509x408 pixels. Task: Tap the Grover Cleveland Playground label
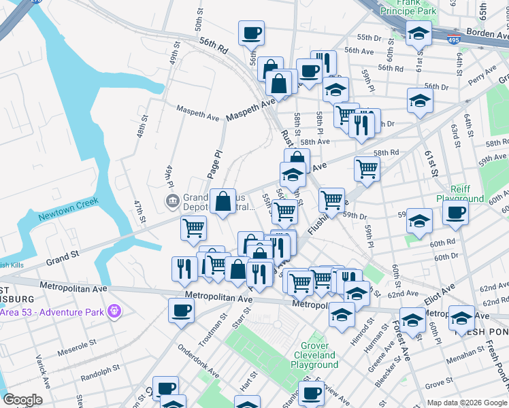pyautogui.click(x=314, y=355)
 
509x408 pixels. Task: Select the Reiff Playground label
pyautogui.click(x=465, y=194)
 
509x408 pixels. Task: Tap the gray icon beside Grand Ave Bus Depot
pyautogui.click(x=172, y=201)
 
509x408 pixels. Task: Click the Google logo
pyautogui.click(x=22, y=400)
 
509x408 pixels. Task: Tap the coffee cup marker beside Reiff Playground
pyautogui.click(x=455, y=212)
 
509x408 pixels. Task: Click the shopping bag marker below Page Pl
pyautogui.click(x=223, y=201)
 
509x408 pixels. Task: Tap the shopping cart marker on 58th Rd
pyautogui.click(x=367, y=168)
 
